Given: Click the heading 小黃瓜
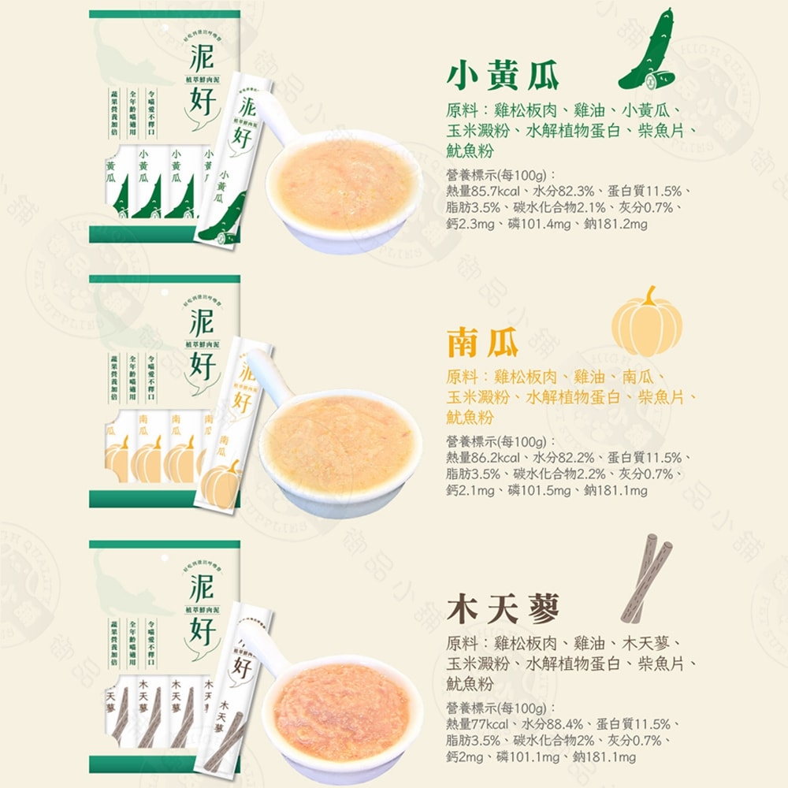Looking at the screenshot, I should tap(503, 76).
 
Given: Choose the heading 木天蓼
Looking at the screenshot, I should tap(503, 608).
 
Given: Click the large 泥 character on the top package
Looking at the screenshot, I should tap(203, 59).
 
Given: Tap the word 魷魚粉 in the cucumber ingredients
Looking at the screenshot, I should tap(470, 151).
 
